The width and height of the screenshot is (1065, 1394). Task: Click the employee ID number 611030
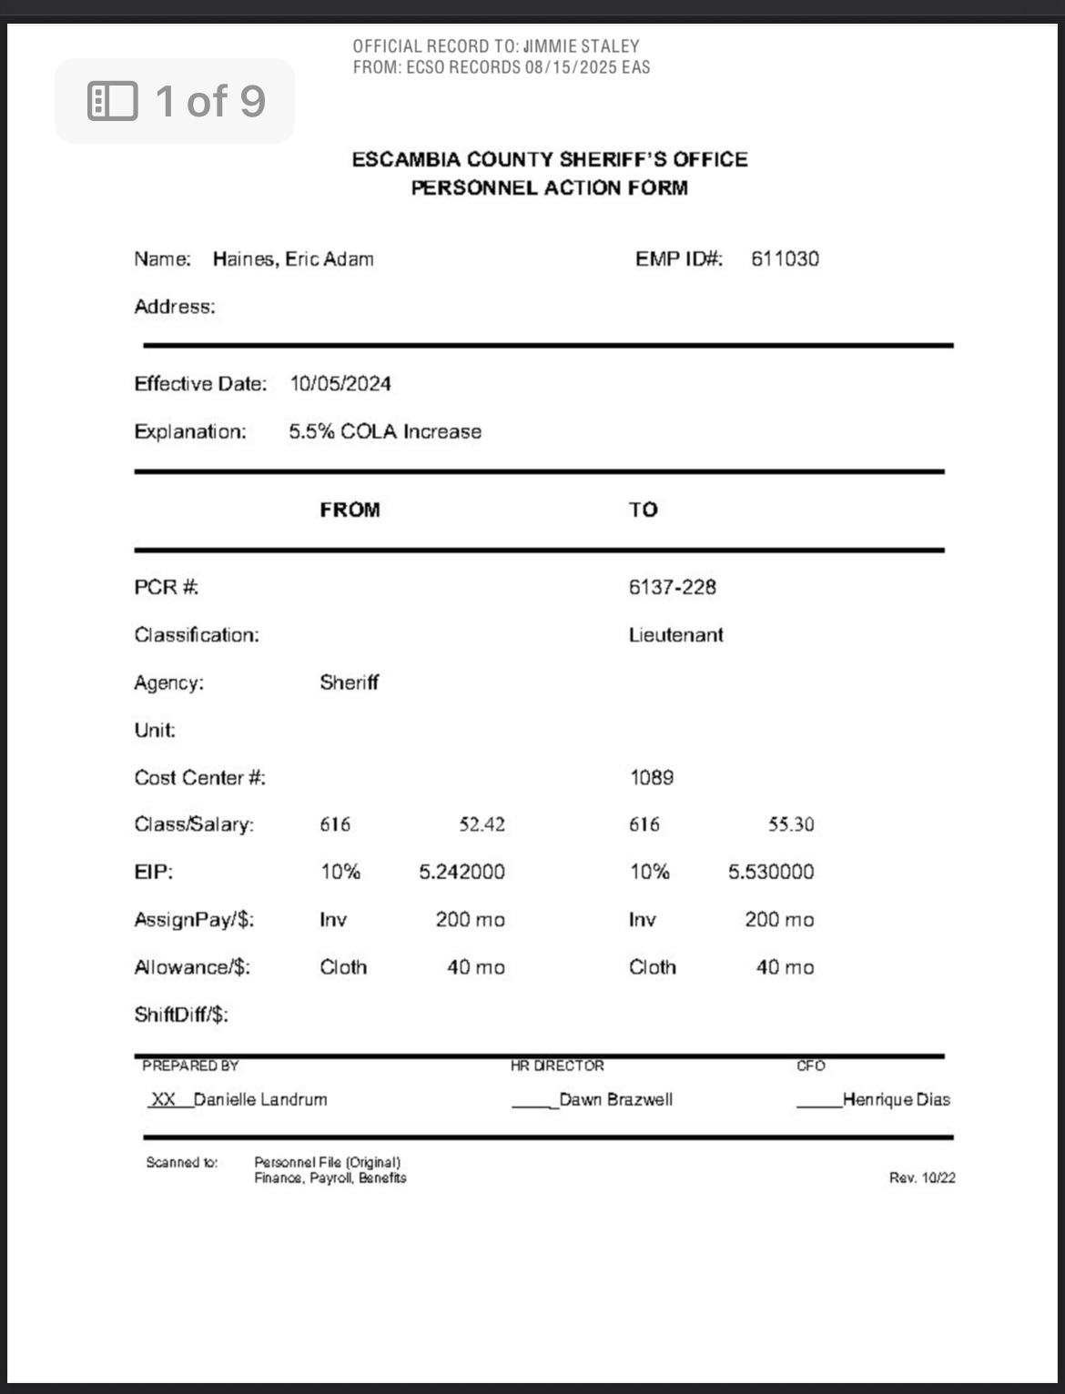coord(785,259)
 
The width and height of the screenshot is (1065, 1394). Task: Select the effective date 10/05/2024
coord(340,384)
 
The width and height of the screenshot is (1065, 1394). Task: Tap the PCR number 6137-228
coord(672,588)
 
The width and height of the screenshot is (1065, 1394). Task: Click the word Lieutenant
coord(675,635)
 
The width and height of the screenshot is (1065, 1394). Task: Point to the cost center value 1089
coord(652,778)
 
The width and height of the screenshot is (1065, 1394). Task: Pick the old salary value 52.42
coord(482,825)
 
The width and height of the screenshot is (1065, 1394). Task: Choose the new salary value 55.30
coord(791,825)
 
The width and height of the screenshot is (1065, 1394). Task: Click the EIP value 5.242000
coord(461,873)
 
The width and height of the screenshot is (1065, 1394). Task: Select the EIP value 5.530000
coord(771,873)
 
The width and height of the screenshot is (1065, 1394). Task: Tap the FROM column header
coord(350,510)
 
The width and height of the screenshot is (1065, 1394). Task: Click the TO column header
coord(643,510)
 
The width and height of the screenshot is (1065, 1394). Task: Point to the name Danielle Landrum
coord(260,1100)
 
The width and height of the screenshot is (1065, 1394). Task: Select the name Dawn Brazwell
coord(616,1100)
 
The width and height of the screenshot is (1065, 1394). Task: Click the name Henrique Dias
coord(897,1100)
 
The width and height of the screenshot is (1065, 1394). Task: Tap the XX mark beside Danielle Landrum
coord(163,1100)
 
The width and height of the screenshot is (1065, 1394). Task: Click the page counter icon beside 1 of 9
coord(113,101)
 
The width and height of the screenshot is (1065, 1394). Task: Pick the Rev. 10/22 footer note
coord(922,1178)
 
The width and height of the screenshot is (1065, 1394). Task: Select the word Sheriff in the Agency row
coord(349,683)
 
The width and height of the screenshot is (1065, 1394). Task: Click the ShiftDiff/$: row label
coord(181,1015)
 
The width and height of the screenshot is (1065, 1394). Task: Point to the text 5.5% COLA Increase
coord(385,432)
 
